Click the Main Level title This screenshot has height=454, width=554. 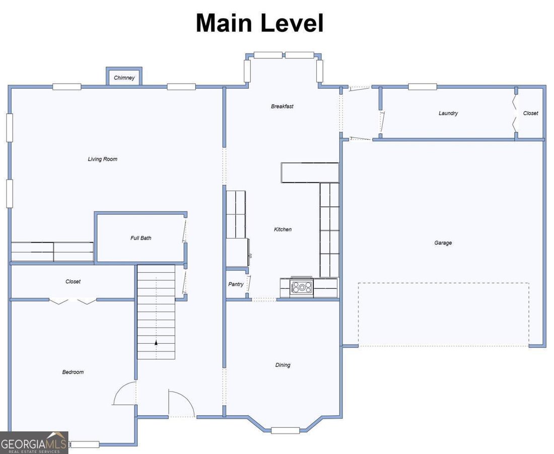(260, 23)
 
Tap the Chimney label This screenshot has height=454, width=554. (124, 78)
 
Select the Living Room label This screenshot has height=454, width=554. (102, 159)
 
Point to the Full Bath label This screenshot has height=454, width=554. (141, 238)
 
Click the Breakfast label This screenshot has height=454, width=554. (282, 106)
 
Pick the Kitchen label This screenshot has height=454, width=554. (283, 230)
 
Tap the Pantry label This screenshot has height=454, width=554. (236, 284)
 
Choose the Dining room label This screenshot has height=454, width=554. (283, 365)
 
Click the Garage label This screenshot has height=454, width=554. (443, 243)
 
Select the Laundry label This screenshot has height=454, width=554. (448, 113)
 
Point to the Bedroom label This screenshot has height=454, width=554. (73, 372)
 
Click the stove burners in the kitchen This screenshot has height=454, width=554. (302, 287)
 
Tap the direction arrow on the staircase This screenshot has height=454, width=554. (156, 342)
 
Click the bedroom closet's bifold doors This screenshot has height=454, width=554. (73, 301)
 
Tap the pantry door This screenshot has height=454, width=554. (248, 283)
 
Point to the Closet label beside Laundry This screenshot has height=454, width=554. (530, 113)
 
